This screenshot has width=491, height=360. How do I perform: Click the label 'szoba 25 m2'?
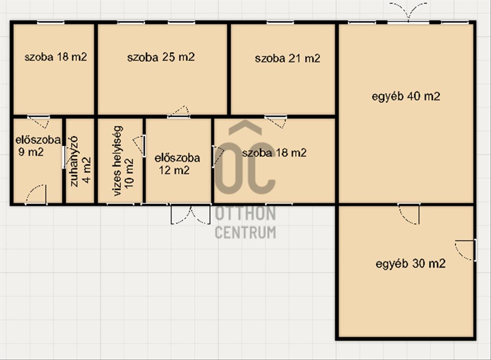coord(161,57)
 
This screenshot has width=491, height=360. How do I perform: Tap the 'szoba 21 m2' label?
coord(287,59)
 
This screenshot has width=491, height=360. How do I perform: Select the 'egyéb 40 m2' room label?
coord(406,97)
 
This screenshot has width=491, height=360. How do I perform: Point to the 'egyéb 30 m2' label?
coord(410,264)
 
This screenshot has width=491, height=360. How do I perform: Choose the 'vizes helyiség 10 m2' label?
coord(123,161)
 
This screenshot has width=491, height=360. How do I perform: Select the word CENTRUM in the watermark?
coord(245,233)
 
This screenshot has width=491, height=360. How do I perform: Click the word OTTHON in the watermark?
coord(245,213)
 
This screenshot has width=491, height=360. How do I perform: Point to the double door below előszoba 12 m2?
coord(191,215)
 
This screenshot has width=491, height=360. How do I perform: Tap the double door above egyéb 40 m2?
coord(408,13)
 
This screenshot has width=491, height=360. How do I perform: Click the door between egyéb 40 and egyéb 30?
coord(409,214)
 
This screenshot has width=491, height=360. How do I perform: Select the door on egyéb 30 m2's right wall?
coord(465,251)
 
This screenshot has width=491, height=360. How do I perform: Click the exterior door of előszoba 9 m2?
coord(36,195)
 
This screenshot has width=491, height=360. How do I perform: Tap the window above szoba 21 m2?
coord(280,23)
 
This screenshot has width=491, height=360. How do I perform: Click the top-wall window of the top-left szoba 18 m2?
coord(51,23)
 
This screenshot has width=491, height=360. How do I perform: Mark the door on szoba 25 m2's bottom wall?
coord(178,112)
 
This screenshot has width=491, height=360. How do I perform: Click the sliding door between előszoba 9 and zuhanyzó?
coord(63,157)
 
